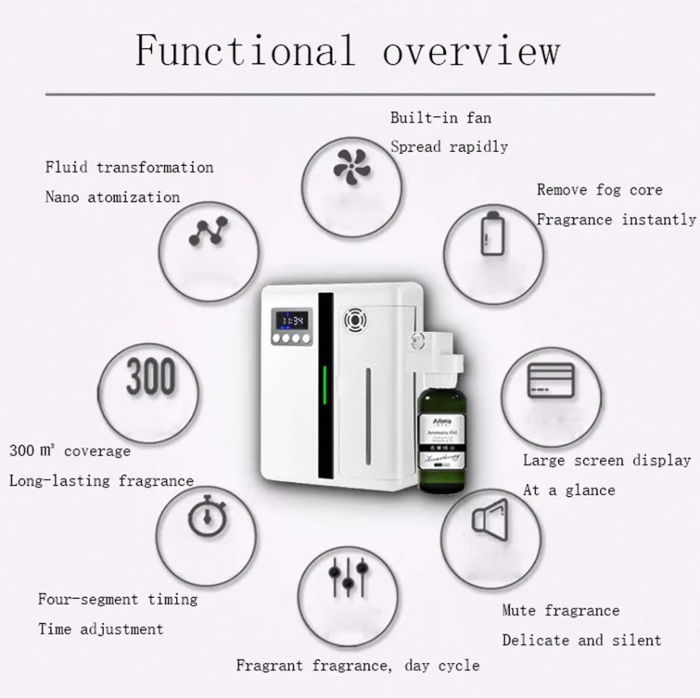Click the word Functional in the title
tap(245, 51)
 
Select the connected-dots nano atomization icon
tap(208, 232)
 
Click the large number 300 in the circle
tap(151, 377)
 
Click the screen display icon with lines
tap(550, 380)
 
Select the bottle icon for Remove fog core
tap(492, 233)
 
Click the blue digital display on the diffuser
tap(293, 321)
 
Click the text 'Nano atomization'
tap(113, 198)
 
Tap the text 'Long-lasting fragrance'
tap(101, 481)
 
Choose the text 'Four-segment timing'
tap(118, 600)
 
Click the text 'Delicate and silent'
tap(581, 640)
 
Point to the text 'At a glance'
tap(569, 490)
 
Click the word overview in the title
tap(470, 51)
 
